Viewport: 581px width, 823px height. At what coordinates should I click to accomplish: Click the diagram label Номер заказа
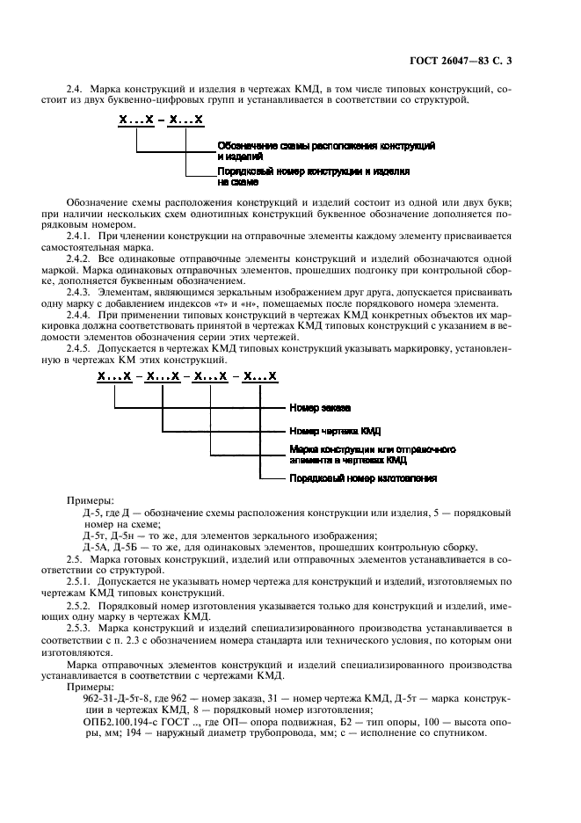pyautogui.click(x=320, y=408)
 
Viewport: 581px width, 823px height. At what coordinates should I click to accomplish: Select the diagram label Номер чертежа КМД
pyautogui.click(x=335, y=431)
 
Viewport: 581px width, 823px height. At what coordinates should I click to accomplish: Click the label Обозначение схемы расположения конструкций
pyautogui.click(x=325, y=144)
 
